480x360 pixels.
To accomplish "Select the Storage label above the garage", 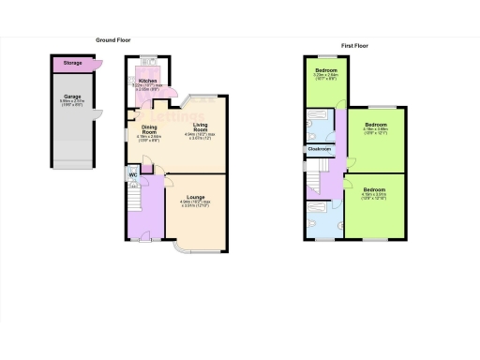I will click(71, 64).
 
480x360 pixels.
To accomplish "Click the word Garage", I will click(71, 97).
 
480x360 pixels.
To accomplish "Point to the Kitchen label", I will click(147, 82).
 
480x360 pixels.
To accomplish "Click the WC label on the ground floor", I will click(134, 173).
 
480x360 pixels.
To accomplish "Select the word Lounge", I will click(195, 196).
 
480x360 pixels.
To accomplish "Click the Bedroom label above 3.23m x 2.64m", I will click(326, 71).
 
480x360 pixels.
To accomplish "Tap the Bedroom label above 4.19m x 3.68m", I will click(376, 125).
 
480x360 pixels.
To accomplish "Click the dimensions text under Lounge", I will click(195, 203).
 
